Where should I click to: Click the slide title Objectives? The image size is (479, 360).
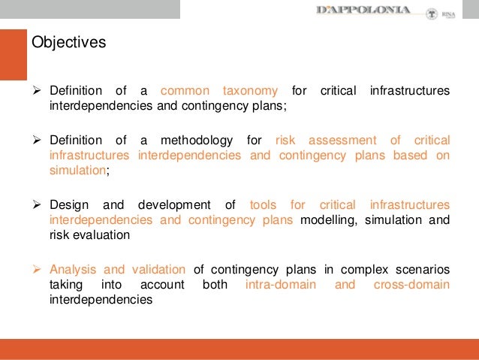69,43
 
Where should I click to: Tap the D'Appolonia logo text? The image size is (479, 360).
364,10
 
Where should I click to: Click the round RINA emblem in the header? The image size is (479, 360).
431,14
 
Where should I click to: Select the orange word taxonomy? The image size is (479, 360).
250,91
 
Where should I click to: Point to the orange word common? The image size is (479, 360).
185,91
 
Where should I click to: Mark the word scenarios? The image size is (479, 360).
423,270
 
